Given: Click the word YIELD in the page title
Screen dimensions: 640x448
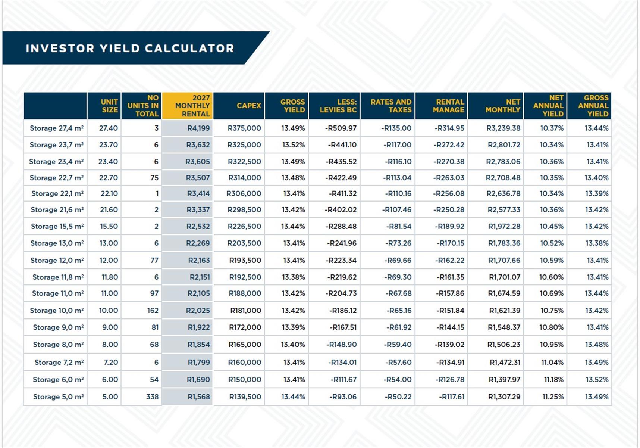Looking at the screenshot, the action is coord(119,49).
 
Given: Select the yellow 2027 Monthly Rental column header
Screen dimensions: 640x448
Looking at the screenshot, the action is coord(188,106).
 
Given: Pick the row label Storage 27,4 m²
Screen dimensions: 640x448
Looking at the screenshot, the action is coord(57,128).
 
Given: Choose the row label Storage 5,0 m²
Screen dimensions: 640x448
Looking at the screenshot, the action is coord(59,397).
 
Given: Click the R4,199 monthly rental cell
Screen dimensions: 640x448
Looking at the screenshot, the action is coord(198,128).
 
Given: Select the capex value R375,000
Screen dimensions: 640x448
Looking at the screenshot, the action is coord(244,128).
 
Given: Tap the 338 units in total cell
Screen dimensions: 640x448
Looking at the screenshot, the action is coord(152,397).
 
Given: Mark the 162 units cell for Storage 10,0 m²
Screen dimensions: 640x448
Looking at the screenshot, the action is coord(153,311).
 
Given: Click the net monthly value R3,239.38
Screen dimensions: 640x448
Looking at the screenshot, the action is coord(503,128).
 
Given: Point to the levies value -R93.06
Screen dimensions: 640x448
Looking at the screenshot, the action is coord(343,397).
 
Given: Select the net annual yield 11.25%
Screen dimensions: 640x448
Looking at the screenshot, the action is coord(553,397).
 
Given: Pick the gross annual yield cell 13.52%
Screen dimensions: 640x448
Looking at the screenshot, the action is coord(597,380).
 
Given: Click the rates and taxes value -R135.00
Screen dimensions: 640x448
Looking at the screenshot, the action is coord(396,128).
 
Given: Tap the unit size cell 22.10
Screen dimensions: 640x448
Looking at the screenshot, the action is coord(109,193).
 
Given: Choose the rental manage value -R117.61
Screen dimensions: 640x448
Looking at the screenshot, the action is coord(452,397).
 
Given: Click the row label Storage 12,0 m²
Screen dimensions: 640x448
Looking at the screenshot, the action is coord(57,260).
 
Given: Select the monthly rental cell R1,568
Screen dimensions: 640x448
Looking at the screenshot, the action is coord(199,397).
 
